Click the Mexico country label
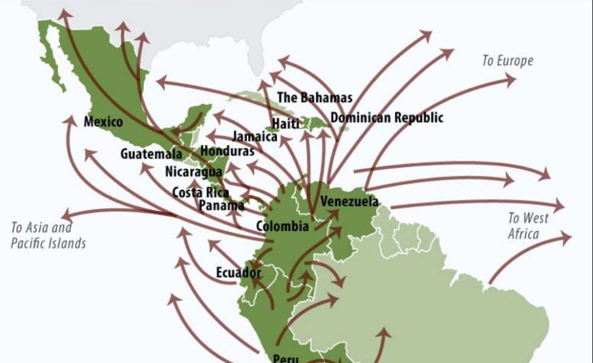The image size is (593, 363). (x=103, y=122)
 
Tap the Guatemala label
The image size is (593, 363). (x=151, y=154)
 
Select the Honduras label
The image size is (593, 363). (x=228, y=151)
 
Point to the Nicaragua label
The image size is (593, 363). (x=194, y=172)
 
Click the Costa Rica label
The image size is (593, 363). (x=200, y=192)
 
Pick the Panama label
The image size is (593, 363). (x=222, y=205)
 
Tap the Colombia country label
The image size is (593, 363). (x=283, y=227)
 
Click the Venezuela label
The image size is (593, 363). (x=349, y=201)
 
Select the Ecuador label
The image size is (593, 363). (x=239, y=273)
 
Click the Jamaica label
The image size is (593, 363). (x=254, y=136)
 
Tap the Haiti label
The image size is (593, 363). (x=285, y=123)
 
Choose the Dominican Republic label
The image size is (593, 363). (x=386, y=117)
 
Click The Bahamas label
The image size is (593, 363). (x=314, y=97)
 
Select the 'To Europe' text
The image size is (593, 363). (x=507, y=60)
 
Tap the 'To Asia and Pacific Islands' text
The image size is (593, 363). (x=48, y=235)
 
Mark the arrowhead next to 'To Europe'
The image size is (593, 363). (x=510, y=79)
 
